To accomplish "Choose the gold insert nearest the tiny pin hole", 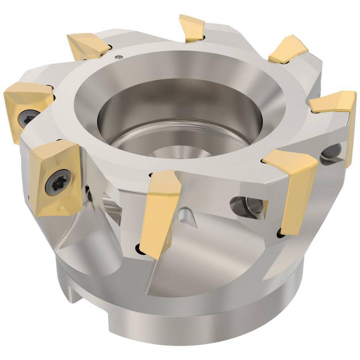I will point(88,45).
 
